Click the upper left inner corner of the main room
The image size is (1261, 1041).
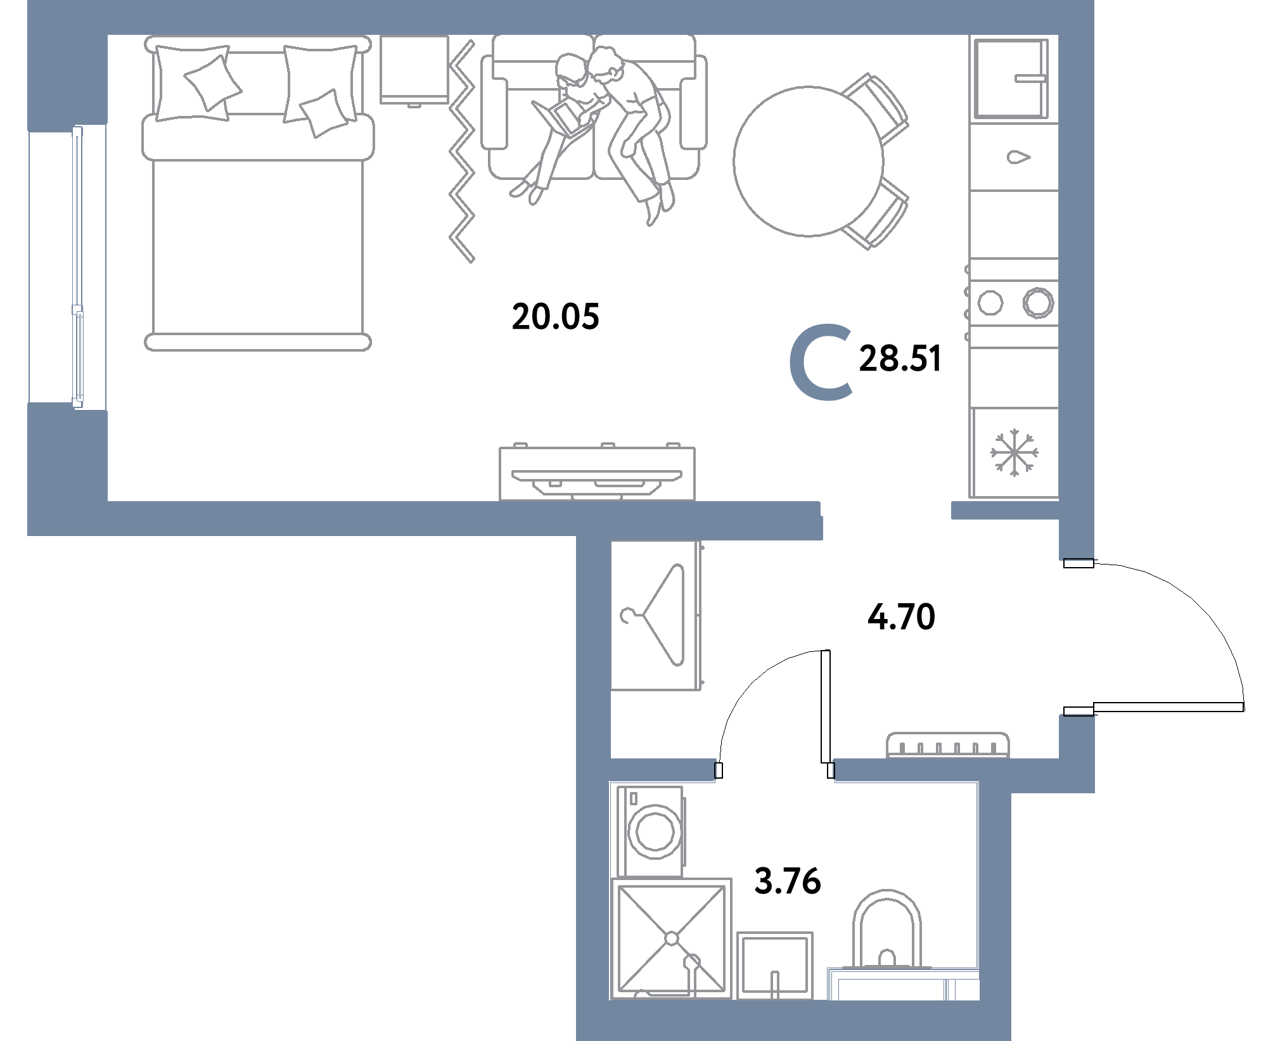coord(108,35)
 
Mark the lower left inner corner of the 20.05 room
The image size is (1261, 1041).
coord(108,501)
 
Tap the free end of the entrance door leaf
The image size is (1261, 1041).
coord(1243,707)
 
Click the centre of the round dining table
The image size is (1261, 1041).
coord(808,161)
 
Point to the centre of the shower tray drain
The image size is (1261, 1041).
coord(672,938)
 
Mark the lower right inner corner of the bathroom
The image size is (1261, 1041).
coord(979,1000)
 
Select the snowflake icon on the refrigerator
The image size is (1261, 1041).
coord(1015,453)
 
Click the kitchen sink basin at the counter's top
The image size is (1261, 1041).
coord(1011,79)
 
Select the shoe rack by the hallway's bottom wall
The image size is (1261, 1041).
coord(947,745)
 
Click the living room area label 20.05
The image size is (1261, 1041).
coord(555,317)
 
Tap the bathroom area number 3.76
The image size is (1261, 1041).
coord(788,881)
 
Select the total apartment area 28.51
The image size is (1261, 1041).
coord(900,358)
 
